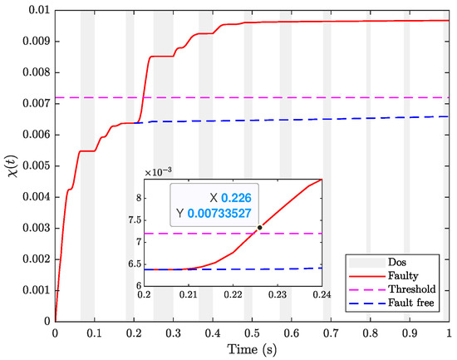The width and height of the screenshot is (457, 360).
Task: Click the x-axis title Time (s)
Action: tap(252, 348)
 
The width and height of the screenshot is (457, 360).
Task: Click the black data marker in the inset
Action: tap(259, 227)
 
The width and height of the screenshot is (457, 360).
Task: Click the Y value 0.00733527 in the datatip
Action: tap(231, 215)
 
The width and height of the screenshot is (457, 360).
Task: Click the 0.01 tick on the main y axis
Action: tap(36, 10)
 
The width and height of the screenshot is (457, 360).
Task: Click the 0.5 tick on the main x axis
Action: tap(252, 332)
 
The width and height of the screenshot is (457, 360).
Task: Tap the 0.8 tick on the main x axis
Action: tap(370, 332)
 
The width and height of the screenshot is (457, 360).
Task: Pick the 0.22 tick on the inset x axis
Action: tap(233, 295)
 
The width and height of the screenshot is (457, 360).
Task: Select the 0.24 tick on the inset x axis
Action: tap(322, 295)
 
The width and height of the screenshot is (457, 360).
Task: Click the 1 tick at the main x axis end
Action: tap(448, 332)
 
